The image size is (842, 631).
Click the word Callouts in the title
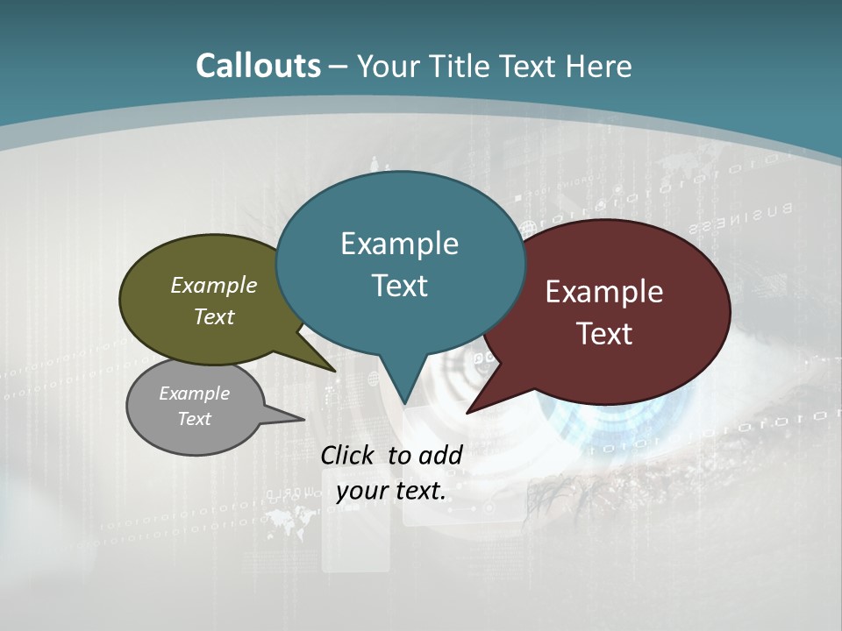pyautogui.click(x=259, y=66)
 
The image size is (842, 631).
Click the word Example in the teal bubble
pyautogui.click(x=399, y=244)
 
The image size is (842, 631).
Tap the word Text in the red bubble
pyautogui.click(x=605, y=334)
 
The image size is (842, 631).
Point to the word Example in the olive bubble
pyautogui.click(x=214, y=286)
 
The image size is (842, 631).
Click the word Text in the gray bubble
pyautogui.click(x=195, y=419)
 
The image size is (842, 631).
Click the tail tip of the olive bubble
pyautogui.click(x=334, y=370)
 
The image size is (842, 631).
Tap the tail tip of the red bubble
pyautogui.click(x=467, y=412)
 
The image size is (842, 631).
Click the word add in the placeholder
pyautogui.click(x=440, y=455)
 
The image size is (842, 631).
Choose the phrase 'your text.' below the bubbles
pyautogui.click(x=391, y=491)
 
